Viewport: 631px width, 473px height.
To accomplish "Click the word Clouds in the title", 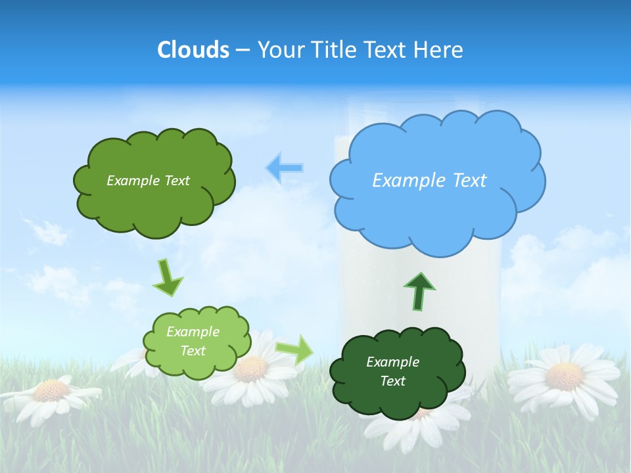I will click(193, 49).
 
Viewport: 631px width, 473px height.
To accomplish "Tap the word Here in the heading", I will click(439, 49).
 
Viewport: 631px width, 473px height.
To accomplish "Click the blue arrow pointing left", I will click(284, 168).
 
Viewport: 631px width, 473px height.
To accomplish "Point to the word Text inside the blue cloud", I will click(467, 181).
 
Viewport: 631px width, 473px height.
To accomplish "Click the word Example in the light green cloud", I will click(193, 332).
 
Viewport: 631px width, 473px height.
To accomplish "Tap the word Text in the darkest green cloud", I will click(392, 381).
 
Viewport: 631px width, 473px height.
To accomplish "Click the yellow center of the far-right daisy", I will click(565, 376).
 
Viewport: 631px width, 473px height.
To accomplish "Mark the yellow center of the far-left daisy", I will click(51, 391).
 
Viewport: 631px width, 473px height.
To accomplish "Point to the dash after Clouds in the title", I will click(243, 50).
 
